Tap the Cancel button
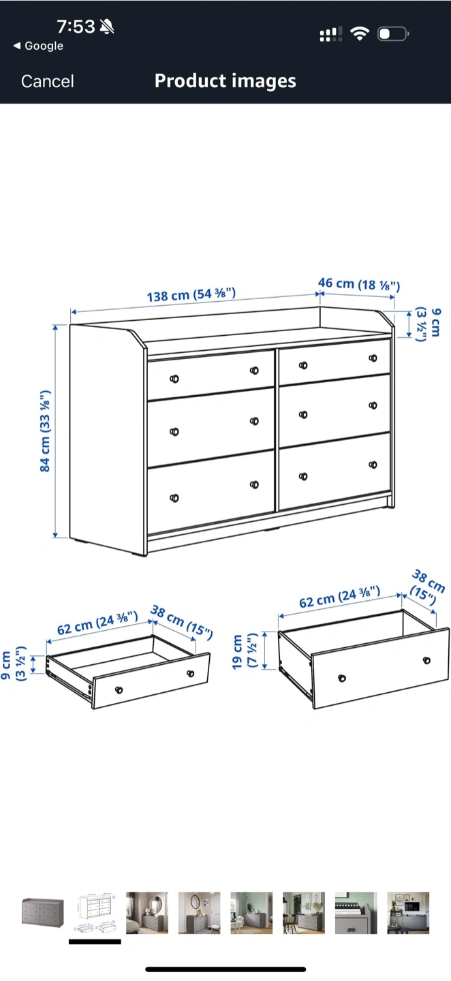47,82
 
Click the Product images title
225,81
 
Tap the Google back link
39,46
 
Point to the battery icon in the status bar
393,34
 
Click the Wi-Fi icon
360,34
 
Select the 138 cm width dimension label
191,295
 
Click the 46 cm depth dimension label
359,284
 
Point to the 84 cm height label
45,431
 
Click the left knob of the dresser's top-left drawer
174,379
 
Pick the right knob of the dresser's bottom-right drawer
373,465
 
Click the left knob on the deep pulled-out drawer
342,679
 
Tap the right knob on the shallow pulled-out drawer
191,674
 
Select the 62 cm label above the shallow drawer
97,623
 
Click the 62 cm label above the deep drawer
339,597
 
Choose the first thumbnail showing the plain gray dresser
42,913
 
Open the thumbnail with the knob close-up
356,913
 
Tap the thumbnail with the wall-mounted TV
408,913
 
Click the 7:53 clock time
76,27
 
